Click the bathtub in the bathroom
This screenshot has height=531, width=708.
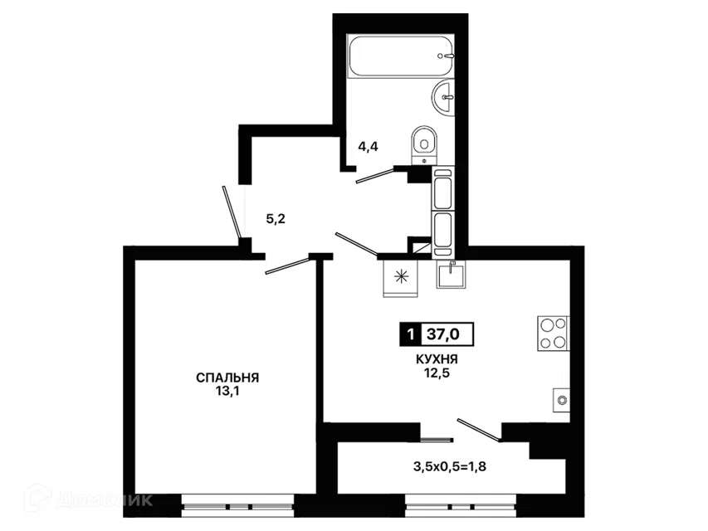point(401,56)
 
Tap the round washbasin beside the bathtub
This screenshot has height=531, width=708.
point(443,96)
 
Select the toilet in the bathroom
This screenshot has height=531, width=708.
point(424,145)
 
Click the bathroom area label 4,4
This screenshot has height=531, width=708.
point(368,146)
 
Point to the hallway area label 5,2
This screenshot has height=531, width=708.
point(276,219)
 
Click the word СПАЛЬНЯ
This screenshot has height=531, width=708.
point(227,378)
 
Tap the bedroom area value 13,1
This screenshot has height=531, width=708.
point(227,391)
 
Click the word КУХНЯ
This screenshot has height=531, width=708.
point(437,359)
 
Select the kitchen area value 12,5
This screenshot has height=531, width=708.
point(437,373)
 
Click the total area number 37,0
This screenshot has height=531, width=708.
point(443,334)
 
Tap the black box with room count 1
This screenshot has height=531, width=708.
point(411,334)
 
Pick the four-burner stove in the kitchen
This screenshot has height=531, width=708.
point(553,334)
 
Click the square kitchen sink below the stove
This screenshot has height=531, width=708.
point(561,400)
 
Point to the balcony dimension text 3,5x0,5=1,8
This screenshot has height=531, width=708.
point(450,466)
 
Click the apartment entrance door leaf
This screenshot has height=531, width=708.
point(231,212)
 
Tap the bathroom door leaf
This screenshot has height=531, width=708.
point(375,175)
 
